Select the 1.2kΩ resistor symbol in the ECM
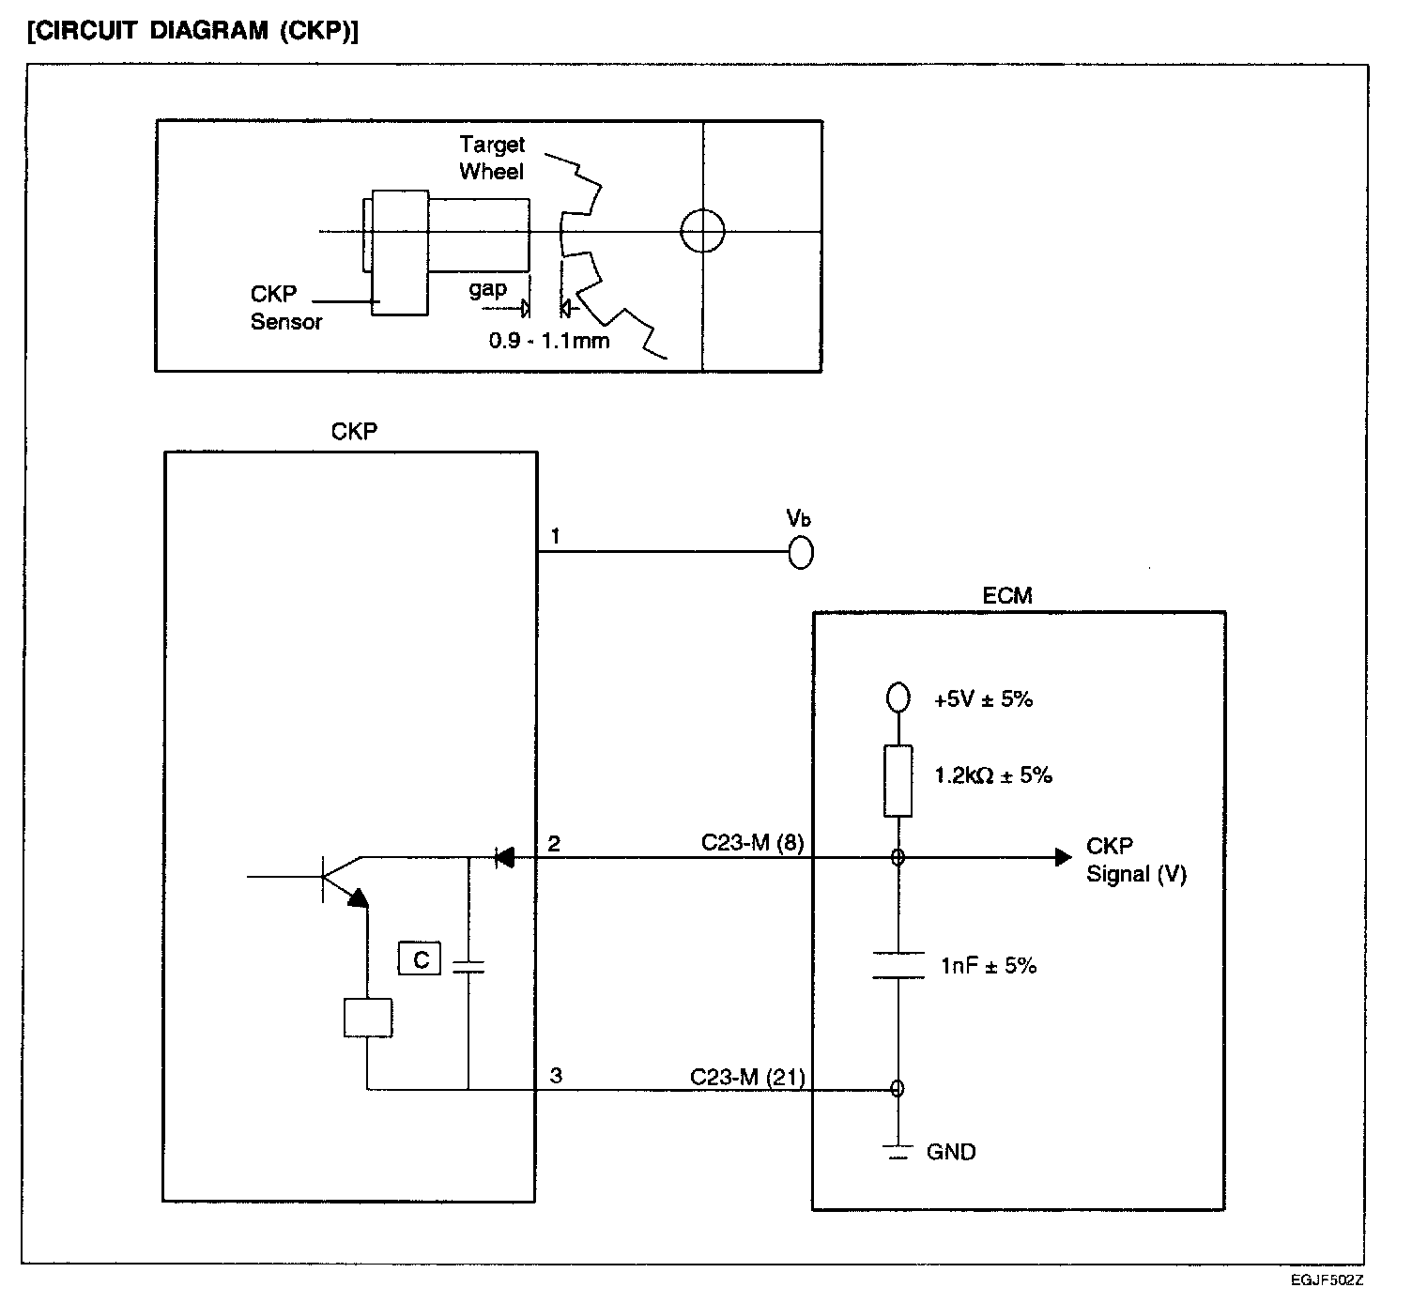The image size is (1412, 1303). tap(898, 780)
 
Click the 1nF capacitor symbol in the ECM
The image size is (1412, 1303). tap(898, 965)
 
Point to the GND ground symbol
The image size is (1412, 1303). tap(898, 1152)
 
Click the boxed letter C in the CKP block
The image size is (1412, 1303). tap(420, 958)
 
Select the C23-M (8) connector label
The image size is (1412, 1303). tap(752, 842)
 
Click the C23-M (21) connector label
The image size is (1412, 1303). tap(747, 1077)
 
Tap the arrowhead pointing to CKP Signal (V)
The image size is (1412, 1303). tap(1064, 857)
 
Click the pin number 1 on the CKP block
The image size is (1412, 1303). tap(555, 536)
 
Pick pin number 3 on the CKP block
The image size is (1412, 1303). tap(556, 1076)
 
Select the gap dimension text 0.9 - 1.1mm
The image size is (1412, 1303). tap(549, 341)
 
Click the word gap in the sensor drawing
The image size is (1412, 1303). tap(488, 289)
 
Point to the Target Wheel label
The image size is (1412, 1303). tap(491, 158)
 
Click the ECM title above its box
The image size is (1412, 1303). tap(1006, 595)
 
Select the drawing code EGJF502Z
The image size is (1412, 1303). tap(1327, 1280)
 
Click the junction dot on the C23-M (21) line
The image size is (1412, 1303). tap(898, 1088)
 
